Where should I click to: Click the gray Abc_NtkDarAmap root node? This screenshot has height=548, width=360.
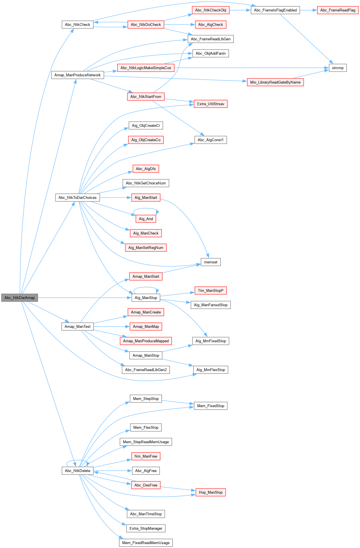tap(20, 298)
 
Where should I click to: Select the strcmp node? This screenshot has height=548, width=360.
tap(338, 68)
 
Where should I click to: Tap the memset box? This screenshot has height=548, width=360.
tap(211, 262)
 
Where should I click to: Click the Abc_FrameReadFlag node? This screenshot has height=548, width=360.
tap(338, 10)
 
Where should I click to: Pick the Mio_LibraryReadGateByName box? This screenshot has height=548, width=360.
tap(275, 83)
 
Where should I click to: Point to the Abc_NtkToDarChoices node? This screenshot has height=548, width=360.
tap(77, 198)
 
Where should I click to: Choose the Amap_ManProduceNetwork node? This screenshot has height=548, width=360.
tap(77, 75)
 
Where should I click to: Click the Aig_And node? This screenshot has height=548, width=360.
tap(146, 219)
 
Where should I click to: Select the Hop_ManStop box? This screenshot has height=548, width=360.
tap(211, 493)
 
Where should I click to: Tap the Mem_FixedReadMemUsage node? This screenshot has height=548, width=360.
tap(146, 543)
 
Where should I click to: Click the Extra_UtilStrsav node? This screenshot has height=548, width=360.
tap(211, 104)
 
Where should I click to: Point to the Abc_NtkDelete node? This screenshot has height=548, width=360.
tap(77, 471)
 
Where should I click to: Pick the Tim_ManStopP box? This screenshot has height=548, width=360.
tap(211, 291)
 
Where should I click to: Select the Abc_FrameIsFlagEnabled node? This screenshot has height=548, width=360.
tap(275, 10)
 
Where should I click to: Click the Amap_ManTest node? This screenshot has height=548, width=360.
tap(77, 327)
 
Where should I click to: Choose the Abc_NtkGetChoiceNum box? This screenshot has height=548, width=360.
tap(146, 183)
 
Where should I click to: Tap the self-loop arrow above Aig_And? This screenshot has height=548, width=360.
tap(146, 209)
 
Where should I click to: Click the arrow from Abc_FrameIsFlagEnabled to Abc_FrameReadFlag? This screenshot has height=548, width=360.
tap(308, 10)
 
